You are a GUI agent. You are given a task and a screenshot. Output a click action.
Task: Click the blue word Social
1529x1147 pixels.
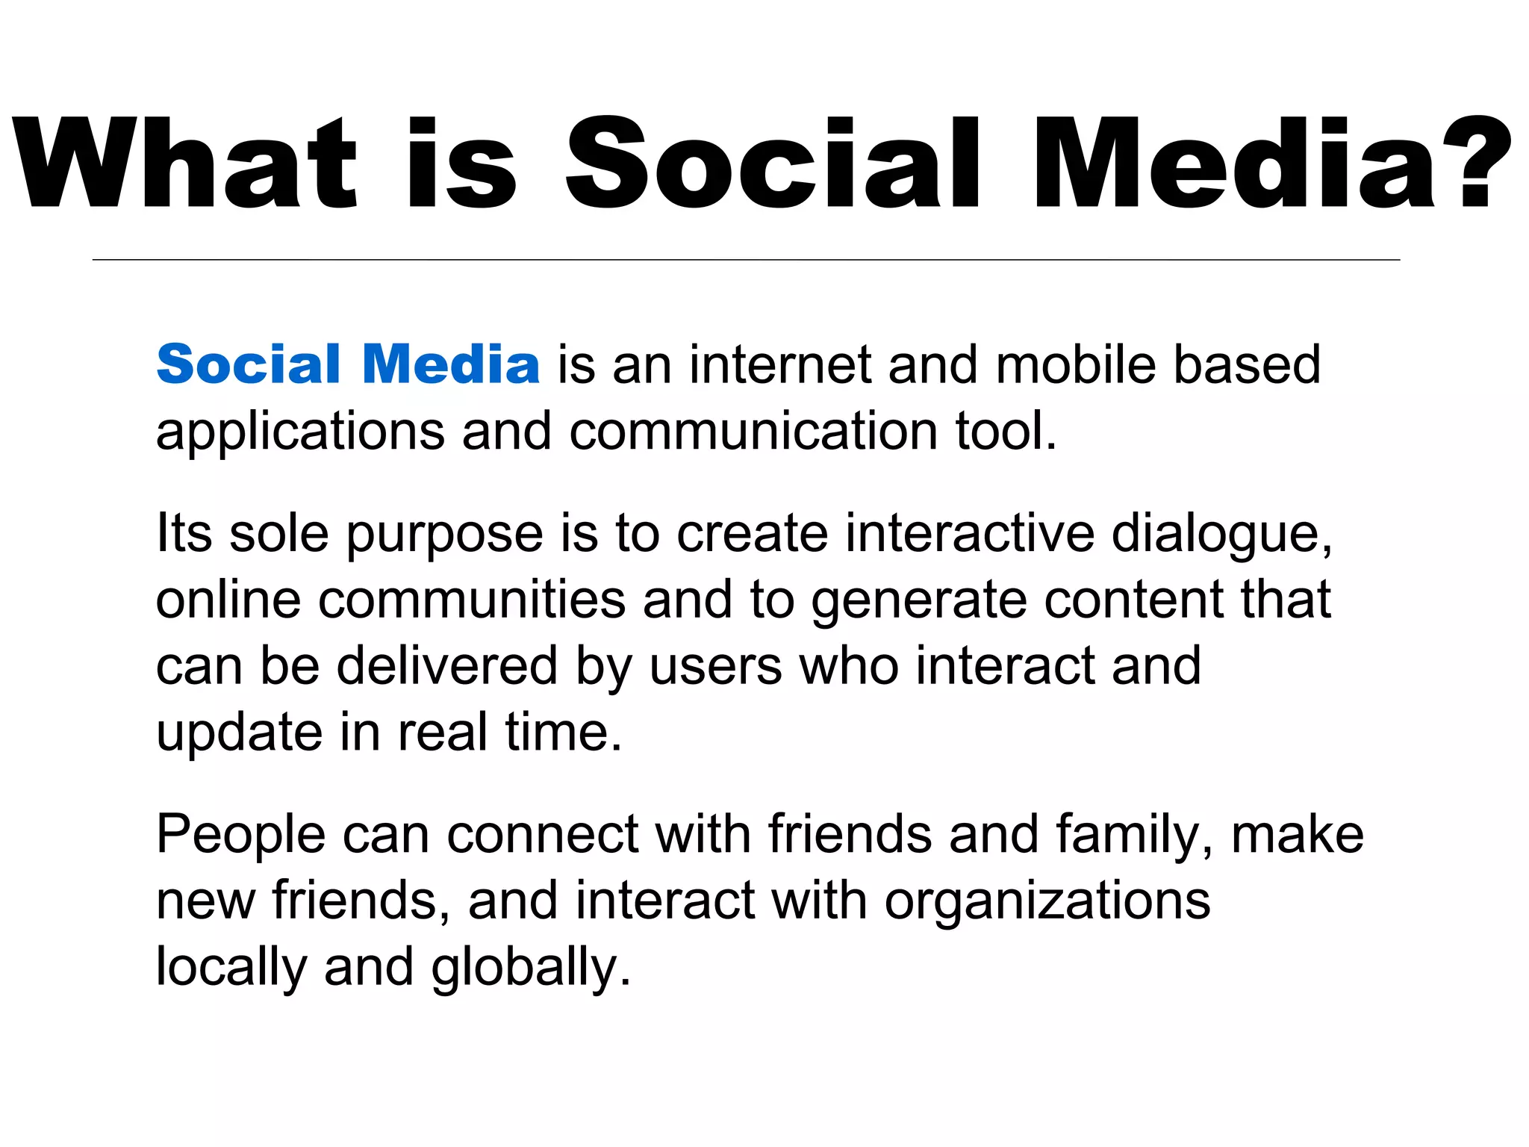point(249,364)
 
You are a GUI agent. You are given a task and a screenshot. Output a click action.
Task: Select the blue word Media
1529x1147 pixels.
point(451,364)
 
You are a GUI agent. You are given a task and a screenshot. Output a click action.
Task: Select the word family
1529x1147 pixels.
point(1134,836)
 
